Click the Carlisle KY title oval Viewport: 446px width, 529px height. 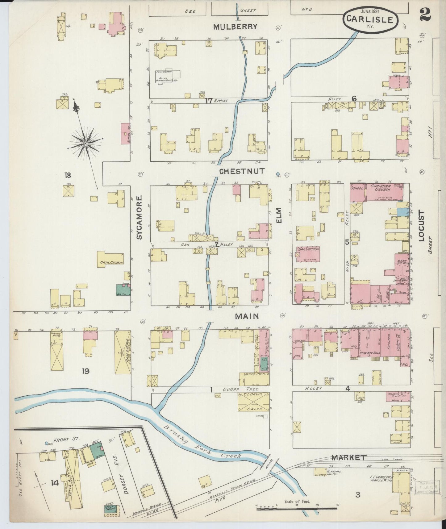pos(370,20)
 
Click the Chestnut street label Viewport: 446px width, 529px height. pos(242,171)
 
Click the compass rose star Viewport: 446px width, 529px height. pos(85,144)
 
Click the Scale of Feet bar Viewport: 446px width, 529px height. pos(297,507)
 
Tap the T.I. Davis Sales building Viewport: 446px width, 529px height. pos(253,402)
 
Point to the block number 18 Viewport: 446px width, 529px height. pos(68,176)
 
